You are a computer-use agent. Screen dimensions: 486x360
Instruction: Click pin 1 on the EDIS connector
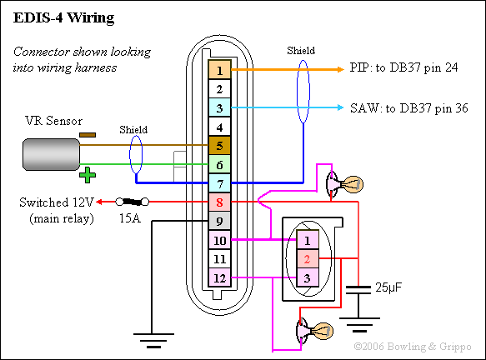pyautogui.click(x=219, y=70)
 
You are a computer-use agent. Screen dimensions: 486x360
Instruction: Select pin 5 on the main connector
pyautogui.click(x=219, y=146)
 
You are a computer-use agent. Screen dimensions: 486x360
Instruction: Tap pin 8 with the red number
pyautogui.click(x=219, y=202)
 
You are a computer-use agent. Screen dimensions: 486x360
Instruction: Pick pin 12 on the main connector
pyautogui.click(x=219, y=277)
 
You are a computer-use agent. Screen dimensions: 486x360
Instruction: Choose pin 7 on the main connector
pyautogui.click(x=219, y=183)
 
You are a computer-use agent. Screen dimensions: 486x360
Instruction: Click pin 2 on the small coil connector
pyautogui.click(x=308, y=258)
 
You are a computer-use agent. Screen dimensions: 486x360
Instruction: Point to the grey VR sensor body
pyautogui.click(x=51, y=155)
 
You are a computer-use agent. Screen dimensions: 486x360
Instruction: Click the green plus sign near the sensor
pyautogui.click(x=88, y=175)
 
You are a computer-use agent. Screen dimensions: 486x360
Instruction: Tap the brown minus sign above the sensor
pyautogui.click(x=88, y=135)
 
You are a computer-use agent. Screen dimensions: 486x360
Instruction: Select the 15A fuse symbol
pyautogui.click(x=133, y=202)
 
